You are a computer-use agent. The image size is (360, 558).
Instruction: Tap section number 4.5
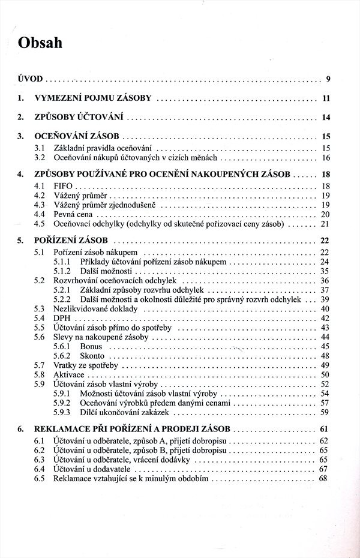[40, 224]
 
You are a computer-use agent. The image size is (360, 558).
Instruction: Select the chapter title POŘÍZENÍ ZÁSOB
[71, 242]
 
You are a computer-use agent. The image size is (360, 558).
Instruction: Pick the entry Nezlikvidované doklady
[95, 308]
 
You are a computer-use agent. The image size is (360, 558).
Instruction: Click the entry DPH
[62, 318]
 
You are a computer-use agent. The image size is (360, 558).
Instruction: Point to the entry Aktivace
[69, 374]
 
